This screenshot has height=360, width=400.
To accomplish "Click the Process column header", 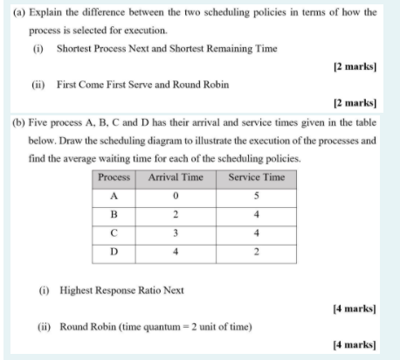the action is point(114,177).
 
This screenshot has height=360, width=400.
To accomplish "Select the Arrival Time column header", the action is point(176,177).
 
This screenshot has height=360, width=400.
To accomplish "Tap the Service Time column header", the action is point(256,177).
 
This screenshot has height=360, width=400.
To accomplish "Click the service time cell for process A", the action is point(256,195).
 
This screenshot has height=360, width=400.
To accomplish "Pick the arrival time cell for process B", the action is point(176,214).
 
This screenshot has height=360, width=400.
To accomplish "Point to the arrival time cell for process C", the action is point(176,233).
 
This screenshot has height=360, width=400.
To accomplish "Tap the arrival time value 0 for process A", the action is point(176,195).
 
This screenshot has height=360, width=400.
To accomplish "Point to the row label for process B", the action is point(114,214).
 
